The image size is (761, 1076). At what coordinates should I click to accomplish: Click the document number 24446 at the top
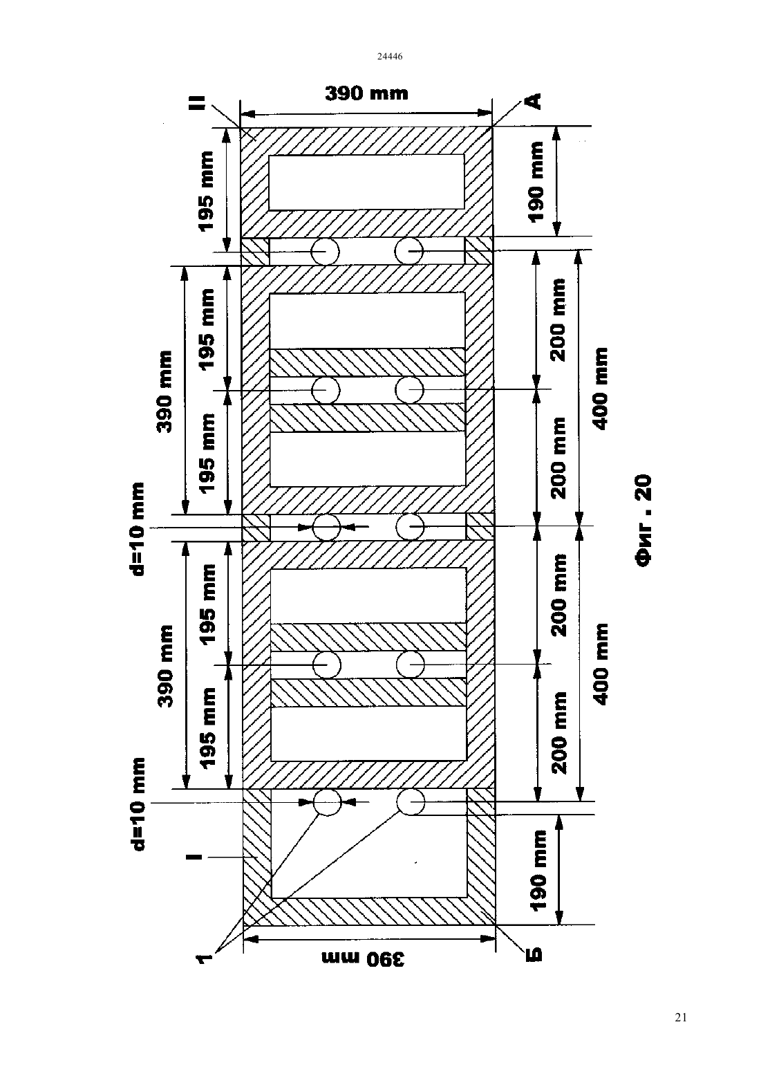[389, 56]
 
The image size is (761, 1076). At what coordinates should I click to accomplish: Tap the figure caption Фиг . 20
[643, 520]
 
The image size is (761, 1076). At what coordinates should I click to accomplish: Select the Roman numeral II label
[197, 102]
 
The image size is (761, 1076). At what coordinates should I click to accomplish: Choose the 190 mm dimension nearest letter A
[536, 182]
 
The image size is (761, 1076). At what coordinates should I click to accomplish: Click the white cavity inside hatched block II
[366, 182]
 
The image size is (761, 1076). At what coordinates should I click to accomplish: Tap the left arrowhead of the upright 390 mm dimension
[247, 114]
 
